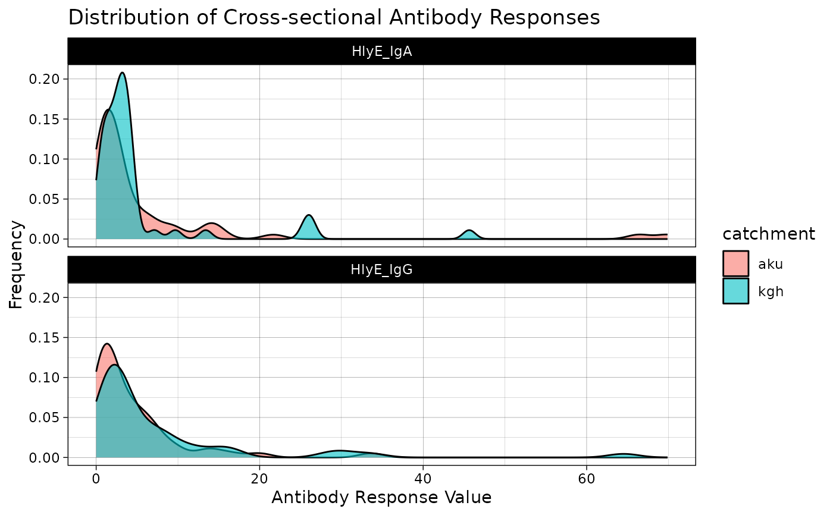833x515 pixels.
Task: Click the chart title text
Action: (x=334, y=18)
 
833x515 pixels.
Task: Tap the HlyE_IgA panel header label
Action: (x=381, y=51)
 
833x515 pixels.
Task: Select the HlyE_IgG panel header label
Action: (x=381, y=269)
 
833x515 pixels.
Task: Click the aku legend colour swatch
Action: (x=735, y=263)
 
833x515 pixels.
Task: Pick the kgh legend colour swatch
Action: (x=735, y=291)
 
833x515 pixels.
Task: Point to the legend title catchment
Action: (x=768, y=234)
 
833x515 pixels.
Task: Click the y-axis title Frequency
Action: (x=16, y=264)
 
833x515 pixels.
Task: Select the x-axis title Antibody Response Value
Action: (x=381, y=497)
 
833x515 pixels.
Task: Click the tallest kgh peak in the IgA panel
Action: (x=122, y=73)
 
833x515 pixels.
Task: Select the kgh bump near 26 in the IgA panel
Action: (x=309, y=216)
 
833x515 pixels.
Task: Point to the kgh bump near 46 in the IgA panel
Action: (x=469, y=231)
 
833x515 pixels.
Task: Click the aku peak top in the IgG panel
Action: (x=107, y=344)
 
